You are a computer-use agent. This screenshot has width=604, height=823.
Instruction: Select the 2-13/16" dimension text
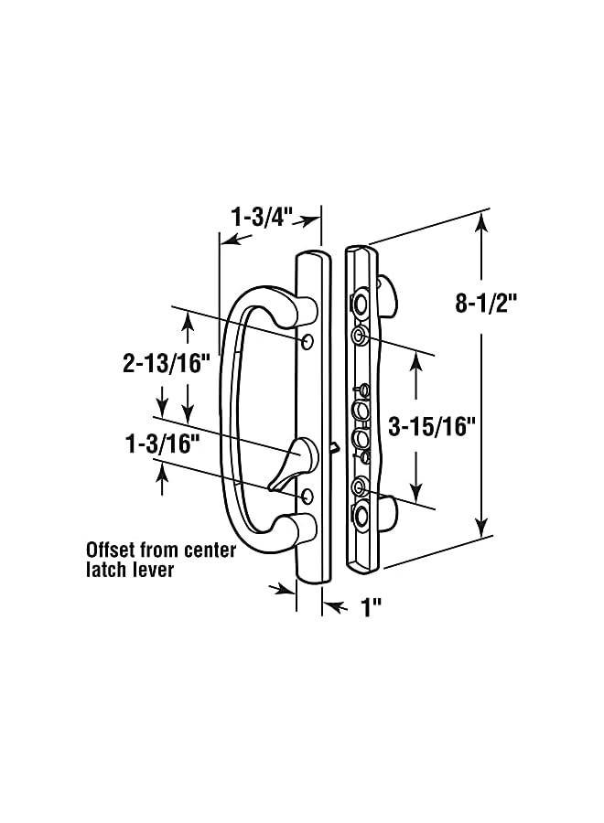pyautogui.click(x=167, y=361)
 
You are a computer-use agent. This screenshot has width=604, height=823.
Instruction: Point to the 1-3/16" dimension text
pyautogui.click(x=162, y=444)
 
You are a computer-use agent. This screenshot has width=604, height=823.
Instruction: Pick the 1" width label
pyautogui.click(x=371, y=608)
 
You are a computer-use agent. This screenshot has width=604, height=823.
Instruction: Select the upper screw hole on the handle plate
pyautogui.click(x=307, y=341)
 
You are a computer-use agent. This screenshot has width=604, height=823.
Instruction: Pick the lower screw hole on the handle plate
pyautogui.click(x=307, y=495)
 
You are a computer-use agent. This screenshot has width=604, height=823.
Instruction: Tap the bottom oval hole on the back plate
pyautogui.click(x=363, y=516)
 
